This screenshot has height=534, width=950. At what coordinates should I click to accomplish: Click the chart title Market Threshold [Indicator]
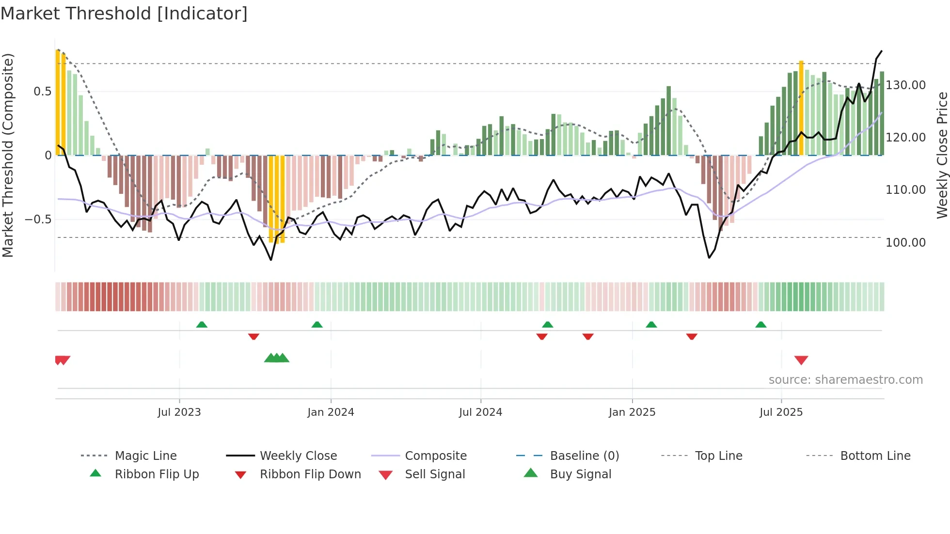pyautogui.click(x=124, y=14)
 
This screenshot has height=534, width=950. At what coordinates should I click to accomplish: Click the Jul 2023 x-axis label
pyautogui.click(x=179, y=412)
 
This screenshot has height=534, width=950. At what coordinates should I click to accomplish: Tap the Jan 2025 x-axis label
pyautogui.click(x=632, y=412)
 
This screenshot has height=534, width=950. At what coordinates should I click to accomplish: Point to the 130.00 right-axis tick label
pyautogui.click(x=905, y=85)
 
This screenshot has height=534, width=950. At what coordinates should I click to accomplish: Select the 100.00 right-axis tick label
pyautogui.click(x=905, y=242)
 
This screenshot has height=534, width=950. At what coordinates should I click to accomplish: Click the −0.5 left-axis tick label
pyautogui.click(x=38, y=220)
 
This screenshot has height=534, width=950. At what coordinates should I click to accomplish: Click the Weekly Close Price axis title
pyautogui.click(x=942, y=155)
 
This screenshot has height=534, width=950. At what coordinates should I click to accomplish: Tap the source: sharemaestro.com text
pyautogui.click(x=845, y=380)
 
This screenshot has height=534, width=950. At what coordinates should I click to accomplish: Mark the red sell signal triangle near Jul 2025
pyautogui.click(x=801, y=360)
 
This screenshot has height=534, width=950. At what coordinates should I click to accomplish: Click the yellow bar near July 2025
pyautogui.click(x=801, y=108)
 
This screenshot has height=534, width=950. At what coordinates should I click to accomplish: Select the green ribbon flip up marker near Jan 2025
pyautogui.click(x=651, y=325)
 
